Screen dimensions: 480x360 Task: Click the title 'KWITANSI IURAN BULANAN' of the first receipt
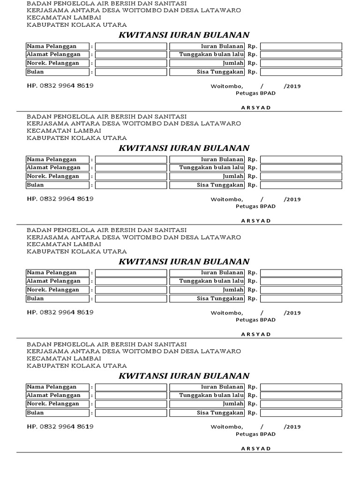(184, 35)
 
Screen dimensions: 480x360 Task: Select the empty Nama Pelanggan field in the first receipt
(131, 46)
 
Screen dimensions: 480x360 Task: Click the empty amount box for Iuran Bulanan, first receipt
(301, 46)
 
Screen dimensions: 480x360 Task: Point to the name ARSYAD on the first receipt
(256, 107)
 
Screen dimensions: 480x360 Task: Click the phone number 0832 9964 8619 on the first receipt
(67, 86)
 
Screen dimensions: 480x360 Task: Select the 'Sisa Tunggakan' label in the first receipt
(220, 72)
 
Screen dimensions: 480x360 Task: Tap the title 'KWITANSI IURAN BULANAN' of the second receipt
(184, 148)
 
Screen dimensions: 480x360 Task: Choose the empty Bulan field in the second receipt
(131, 185)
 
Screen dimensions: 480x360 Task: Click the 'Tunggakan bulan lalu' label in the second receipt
(211, 167)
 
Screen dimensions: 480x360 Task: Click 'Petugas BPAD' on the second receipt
(255, 206)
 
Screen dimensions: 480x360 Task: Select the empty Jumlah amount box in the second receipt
(301, 176)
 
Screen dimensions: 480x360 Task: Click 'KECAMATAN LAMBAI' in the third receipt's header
(64, 244)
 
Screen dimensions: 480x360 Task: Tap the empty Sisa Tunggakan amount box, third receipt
(301, 299)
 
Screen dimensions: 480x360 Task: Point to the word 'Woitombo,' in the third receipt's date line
(227, 313)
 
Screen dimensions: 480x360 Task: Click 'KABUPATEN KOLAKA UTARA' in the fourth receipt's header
(76, 366)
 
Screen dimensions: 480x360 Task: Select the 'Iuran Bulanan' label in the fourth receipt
(222, 387)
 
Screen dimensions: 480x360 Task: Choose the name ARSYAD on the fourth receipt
(256, 449)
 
